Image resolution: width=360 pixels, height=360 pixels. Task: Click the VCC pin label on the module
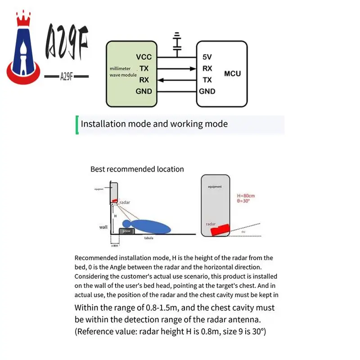click(144, 57)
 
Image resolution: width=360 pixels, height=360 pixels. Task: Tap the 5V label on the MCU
click(207, 57)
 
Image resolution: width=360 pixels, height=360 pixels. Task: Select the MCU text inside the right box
click(232, 73)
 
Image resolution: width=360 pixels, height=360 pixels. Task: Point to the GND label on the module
click(144, 91)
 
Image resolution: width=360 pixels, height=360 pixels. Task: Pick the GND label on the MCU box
click(207, 91)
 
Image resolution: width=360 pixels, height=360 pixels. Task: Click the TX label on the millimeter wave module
click(144, 68)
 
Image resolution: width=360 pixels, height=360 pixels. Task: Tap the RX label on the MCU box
click(207, 69)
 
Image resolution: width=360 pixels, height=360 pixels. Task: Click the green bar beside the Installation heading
click(77, 125)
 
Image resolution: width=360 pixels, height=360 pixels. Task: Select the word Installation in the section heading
click(102, 124)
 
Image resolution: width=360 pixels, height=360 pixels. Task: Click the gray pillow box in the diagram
click(126, 231)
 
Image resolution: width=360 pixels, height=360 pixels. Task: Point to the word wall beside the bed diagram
click(103, 227)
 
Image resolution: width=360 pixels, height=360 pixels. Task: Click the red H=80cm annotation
click(246, 196)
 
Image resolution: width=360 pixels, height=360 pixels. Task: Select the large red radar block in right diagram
click(219, 230)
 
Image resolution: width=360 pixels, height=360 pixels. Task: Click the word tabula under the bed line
click(148, 238)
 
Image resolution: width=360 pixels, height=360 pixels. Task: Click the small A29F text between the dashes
click(67, 77)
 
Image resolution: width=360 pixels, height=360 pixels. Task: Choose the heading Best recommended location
click(137, 169)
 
